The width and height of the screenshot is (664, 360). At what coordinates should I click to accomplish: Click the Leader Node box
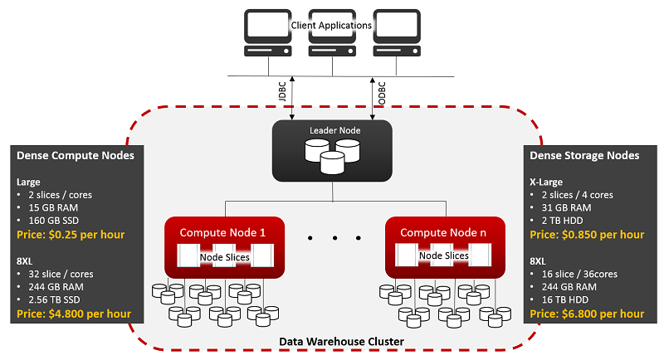point(333,150)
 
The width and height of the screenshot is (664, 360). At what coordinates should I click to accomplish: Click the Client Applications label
point(331,26)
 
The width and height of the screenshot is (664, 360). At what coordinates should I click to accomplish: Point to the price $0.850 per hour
point(586,235)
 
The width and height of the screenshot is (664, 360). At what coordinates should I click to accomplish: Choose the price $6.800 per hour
point(586,314)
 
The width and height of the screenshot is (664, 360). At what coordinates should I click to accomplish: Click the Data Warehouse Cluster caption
point(332,341)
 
